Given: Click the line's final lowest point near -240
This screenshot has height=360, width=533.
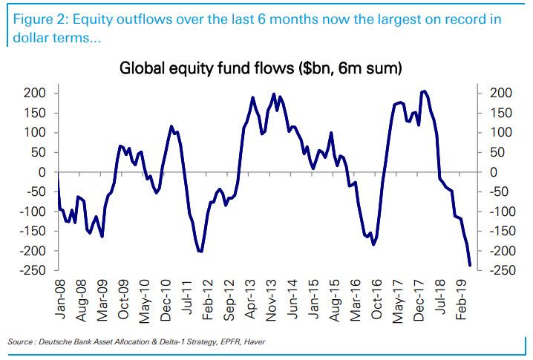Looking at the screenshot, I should pos(470,264).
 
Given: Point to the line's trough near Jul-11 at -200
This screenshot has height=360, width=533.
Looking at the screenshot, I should pos(200,252).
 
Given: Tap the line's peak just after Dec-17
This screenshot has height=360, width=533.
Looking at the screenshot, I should pos(424,91).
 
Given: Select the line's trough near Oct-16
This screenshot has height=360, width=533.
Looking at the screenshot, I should pos(373,244).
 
